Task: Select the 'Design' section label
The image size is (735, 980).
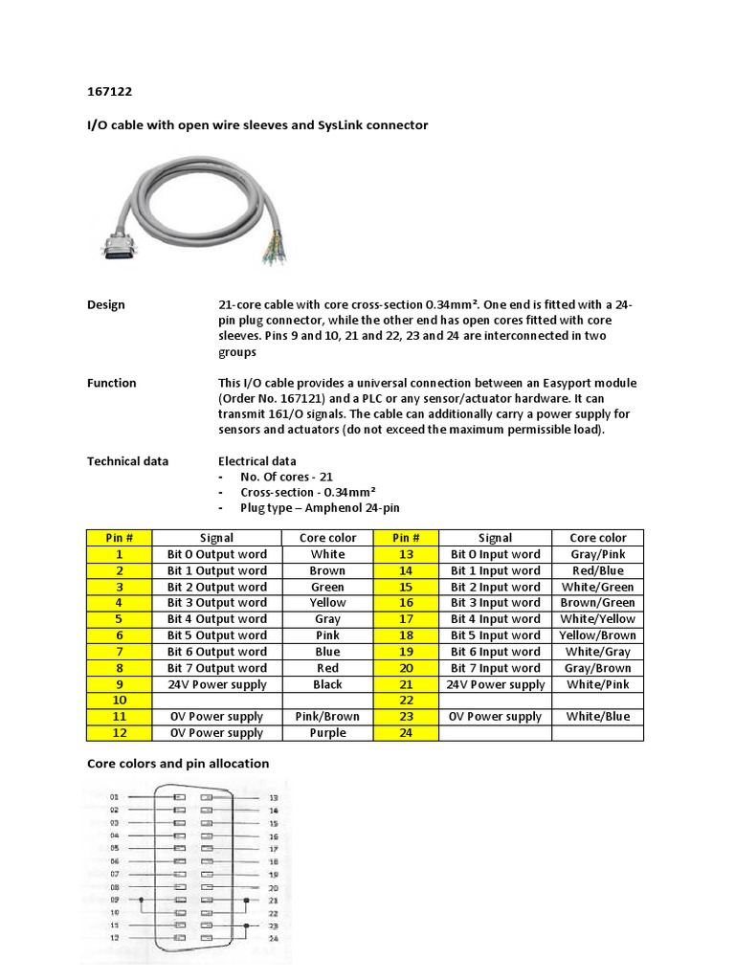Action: coord(106,304)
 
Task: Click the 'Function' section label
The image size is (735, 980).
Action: coord(112,383)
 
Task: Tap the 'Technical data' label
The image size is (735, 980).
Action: coord(127,460)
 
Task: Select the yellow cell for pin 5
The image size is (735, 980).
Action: coord(120,619)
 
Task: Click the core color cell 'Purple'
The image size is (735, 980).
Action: coord(328,733)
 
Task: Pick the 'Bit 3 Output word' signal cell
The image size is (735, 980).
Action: coord(217,603)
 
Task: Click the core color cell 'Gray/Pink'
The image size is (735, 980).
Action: coord(597,554)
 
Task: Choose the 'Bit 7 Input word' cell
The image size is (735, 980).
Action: coord(495,668)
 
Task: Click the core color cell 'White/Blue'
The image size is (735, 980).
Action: coord(597,717)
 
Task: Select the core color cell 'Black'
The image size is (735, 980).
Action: coord(328,684)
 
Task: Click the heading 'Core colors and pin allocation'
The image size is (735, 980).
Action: coord(178,764)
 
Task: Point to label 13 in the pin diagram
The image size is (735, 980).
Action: coord(274,797)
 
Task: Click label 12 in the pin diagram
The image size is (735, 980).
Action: coord(114,938)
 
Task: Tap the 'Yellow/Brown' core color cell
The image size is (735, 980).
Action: coord(597,635)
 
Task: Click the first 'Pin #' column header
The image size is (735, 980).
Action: coord(120,538)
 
